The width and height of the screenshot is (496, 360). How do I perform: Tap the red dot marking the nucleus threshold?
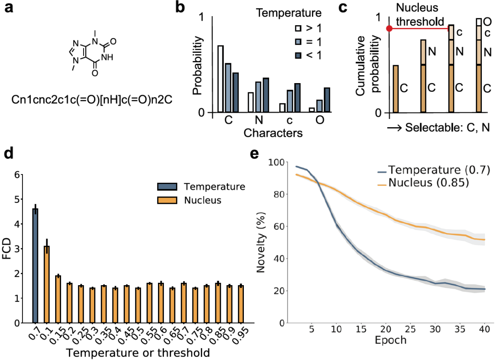pyautogui.click(x=389, y=28)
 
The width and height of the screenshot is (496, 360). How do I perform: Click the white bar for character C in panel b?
pyautogui.click(x=220, y=79)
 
